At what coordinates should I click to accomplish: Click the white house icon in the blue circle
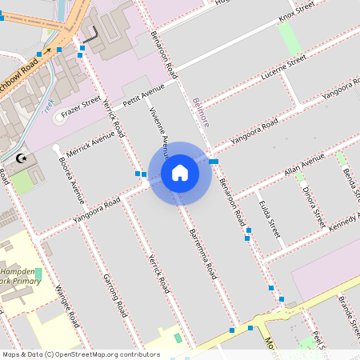pos(180,172)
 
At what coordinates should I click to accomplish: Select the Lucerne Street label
pos(284,68)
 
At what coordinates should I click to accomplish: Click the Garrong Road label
pos(115,294)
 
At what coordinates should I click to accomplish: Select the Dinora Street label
pos(314,206)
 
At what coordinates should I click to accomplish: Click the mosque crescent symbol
pos(22,159)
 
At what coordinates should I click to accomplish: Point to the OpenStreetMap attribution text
pos(81,354)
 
